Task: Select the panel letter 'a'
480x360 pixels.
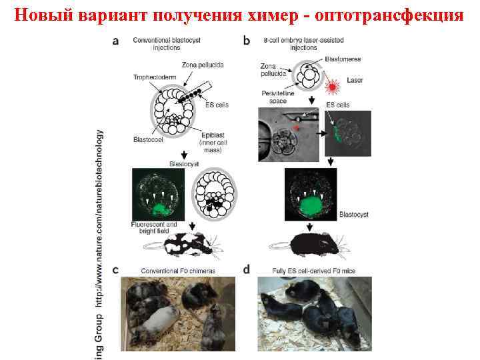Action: [x=117, y=41]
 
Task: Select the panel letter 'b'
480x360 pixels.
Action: [x=247, y=41]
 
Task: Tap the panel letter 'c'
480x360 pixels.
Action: [x=116, y=270]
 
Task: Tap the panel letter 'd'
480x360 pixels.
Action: [x=247, y=270]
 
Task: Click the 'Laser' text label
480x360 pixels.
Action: [x=355, y=80]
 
